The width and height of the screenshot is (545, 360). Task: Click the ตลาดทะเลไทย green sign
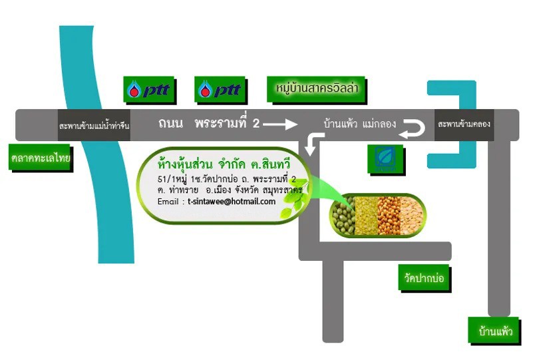41,158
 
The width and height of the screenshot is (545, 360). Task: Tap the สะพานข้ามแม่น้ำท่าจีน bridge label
94,126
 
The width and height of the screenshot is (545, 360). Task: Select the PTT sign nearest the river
150,90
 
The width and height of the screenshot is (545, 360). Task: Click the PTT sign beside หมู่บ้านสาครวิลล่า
220,90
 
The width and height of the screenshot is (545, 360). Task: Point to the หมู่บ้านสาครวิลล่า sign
317,90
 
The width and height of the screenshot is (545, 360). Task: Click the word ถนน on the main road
170,123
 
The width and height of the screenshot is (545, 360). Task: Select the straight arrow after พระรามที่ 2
281,124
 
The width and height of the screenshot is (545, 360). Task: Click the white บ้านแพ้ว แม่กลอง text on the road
359,123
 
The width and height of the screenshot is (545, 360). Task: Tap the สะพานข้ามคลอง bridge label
464,124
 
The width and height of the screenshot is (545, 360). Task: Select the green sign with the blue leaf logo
386,160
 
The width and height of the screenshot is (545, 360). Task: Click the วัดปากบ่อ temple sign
425,278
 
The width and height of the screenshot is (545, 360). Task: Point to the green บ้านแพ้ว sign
495,331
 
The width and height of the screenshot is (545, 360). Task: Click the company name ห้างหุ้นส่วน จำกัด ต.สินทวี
224,164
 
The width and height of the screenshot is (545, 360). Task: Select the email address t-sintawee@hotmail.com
232,202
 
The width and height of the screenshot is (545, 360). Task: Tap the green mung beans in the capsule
343,216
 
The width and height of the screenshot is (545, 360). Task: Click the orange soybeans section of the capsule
389,216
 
